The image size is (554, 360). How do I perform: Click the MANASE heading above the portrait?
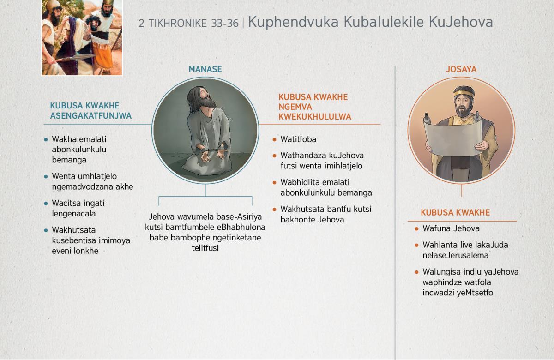click(205, 69)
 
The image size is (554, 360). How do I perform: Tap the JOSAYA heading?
click(461, 69)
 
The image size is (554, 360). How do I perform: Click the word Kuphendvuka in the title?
click(293, 22)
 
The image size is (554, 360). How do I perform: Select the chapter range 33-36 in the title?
click(224, 24)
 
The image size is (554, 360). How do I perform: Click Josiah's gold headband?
click(464, 94)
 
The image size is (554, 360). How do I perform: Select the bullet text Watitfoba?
click(298, 139)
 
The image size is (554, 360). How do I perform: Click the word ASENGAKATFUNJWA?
click(91, 116)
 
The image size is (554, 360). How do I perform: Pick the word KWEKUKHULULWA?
click(315, 117)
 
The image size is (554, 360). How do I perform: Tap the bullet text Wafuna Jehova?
click(451, 228)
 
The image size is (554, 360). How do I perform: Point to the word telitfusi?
click(205, 248)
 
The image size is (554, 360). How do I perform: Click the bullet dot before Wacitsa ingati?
click(46, 204)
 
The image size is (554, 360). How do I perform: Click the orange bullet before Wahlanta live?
click(416, 245)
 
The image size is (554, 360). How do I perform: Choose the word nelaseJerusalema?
click(455, 255)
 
